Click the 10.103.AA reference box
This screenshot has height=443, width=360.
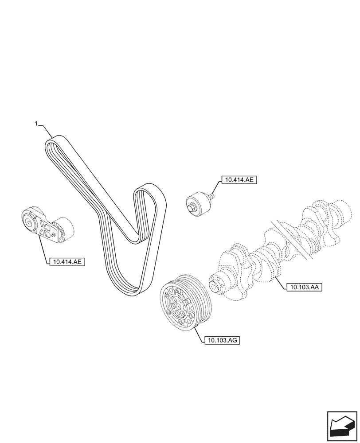click(x=304, y=287)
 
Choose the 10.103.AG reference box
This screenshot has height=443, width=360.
click(x=222, y=340)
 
